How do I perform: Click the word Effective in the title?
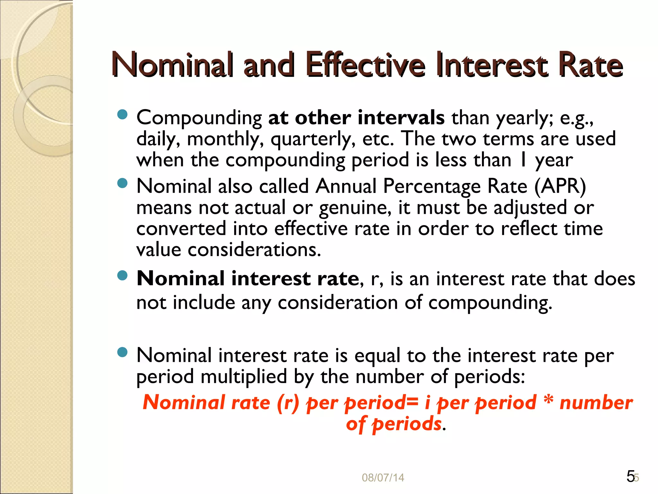click(366, 65)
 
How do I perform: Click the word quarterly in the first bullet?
click(313, 139)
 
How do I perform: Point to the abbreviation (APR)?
click(560, 187)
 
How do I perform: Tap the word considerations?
click(254, 250)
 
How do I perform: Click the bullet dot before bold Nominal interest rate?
click(122, 275)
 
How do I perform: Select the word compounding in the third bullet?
click(490, 303)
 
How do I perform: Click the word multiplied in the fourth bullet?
click(244, 377)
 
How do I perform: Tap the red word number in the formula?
click(596, 403)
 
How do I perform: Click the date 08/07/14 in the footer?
click(383, 478)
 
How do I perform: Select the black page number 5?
click(630, 476)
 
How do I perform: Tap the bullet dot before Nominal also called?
click(122, 183)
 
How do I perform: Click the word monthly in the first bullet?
click(225, 139)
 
